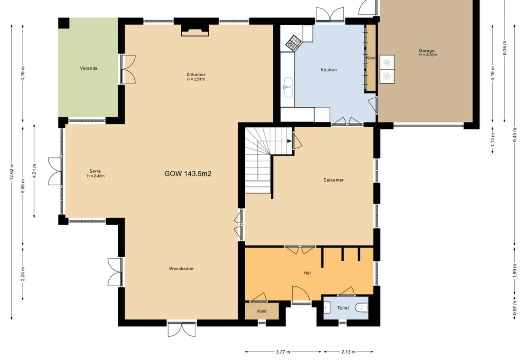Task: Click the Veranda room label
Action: pos(89,68)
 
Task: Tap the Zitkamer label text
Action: pos(196,74)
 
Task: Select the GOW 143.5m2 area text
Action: pos(188,174)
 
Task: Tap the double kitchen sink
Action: pos(288,87)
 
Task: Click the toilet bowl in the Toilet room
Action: pos(362,308)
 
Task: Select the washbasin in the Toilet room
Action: pos(327,307)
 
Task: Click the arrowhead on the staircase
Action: pos(290,141)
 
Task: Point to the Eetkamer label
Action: pos(333,180)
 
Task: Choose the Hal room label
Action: pos(307,273)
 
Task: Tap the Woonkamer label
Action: pos(181,269)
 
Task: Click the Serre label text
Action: pos(95,171)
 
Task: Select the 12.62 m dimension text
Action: pos(12,172)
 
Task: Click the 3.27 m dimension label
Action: pos(283,352)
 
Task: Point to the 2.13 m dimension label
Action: pos(348,352)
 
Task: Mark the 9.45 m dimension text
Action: pos(515,135)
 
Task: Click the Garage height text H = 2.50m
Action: pos(428,55)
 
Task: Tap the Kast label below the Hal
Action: pos(262,311)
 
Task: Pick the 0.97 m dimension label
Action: pos(515,308)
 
